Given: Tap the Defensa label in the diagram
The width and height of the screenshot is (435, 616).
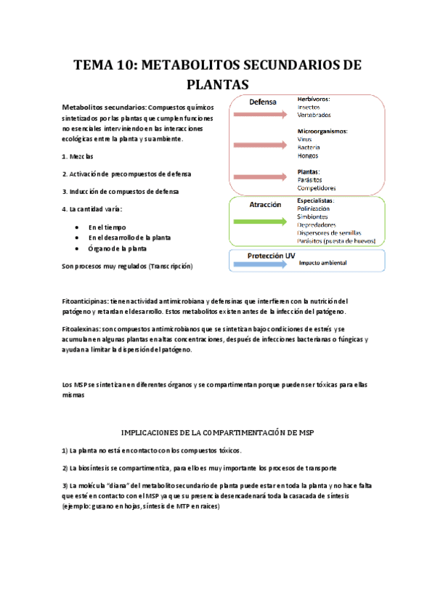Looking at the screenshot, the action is [264, 102].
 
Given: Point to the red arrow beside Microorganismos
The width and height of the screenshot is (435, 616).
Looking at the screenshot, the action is [260, 145].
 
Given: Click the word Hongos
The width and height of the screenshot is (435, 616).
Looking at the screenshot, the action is [308, 155].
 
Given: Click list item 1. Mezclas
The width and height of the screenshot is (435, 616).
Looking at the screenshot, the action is [78, 157].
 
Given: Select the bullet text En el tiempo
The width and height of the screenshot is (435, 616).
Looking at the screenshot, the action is [107, 227].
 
